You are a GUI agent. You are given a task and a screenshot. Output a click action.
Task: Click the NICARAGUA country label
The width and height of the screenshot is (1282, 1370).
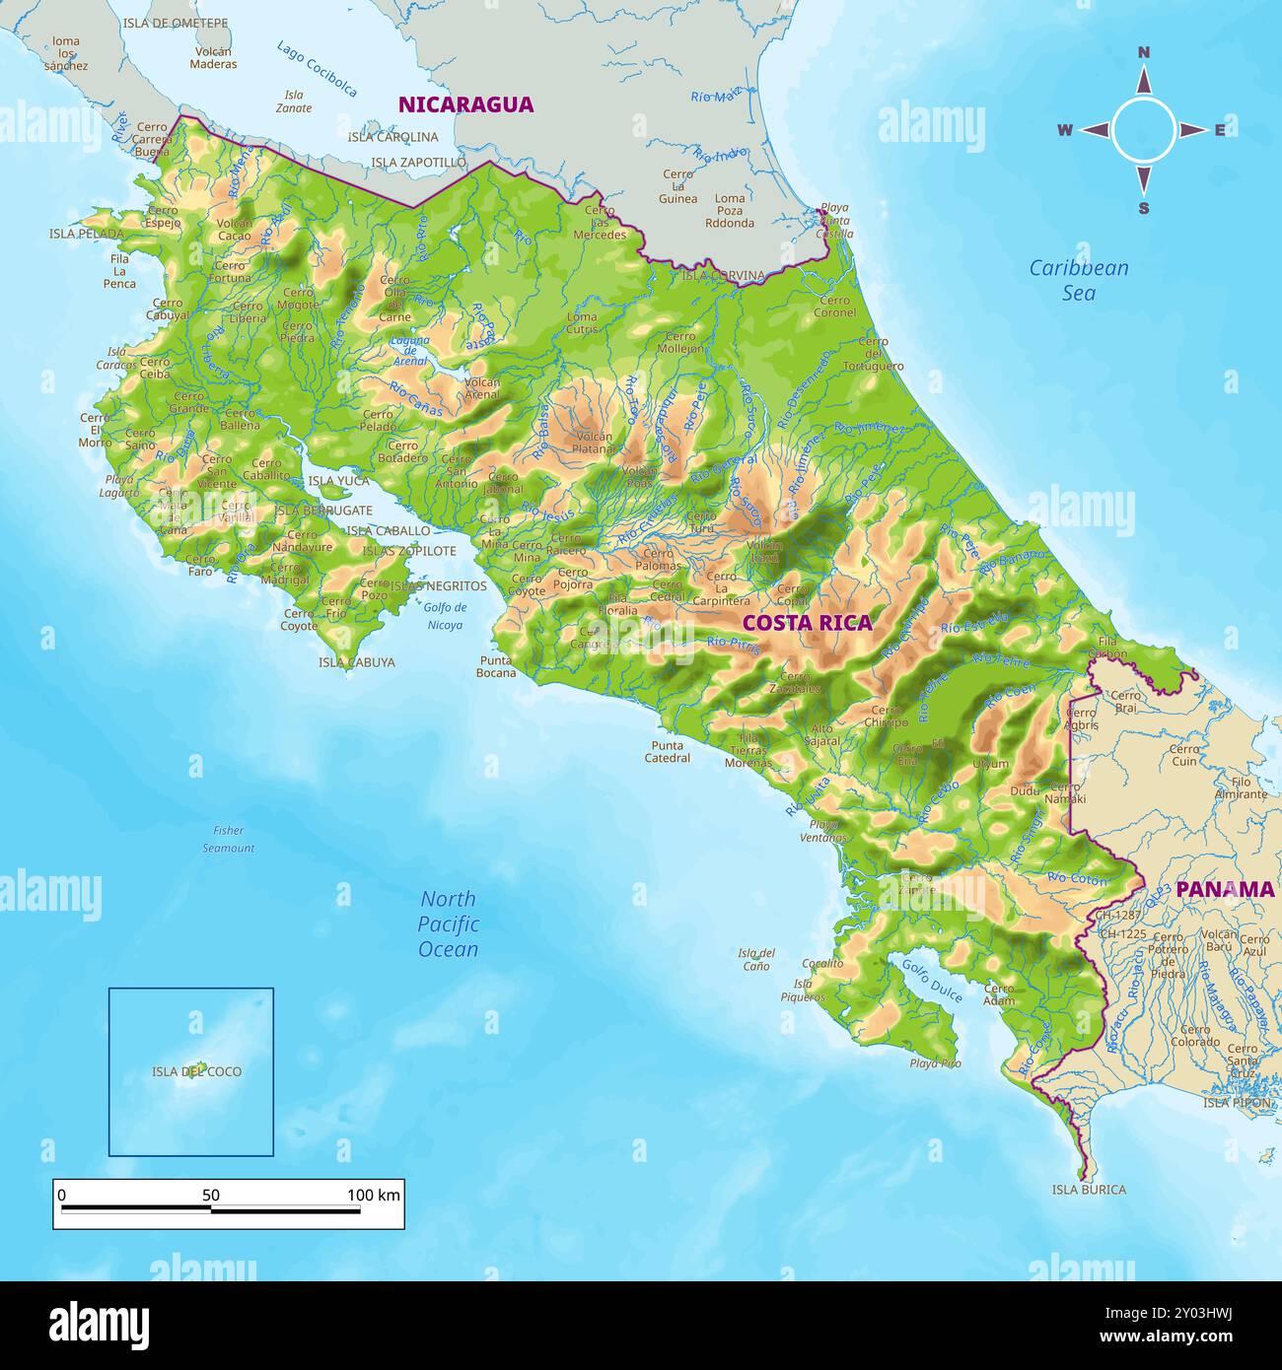click(465, 104)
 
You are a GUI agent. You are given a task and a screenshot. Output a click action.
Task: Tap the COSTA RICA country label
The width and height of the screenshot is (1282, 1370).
click(807, 623)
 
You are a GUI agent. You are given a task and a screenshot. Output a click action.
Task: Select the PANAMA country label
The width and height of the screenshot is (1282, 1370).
click(1225, 889)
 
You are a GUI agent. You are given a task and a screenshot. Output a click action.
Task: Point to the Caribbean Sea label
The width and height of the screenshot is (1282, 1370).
click(1079, 280)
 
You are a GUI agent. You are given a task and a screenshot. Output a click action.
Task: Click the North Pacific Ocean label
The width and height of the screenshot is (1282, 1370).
click(449, 925)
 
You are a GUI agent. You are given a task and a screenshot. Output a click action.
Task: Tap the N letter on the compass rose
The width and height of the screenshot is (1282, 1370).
click(1144, 53)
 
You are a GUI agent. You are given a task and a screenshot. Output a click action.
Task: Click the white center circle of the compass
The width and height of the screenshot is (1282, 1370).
click(1144, 130)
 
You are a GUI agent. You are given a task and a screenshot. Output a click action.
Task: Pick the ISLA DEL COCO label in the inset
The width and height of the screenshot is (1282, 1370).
click(196, 1071)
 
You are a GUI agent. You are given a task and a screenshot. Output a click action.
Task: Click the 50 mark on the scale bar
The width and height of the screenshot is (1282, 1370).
click(211, 1196)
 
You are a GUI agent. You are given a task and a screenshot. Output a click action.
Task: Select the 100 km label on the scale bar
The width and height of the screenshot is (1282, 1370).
click(373, 1196)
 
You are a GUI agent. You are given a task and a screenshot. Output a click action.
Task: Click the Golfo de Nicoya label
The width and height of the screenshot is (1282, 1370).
click(445, 616)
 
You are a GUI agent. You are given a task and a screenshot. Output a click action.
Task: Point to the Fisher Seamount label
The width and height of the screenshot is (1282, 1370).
click(229, 839)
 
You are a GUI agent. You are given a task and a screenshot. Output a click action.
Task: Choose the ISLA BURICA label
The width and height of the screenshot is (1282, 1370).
click(1089, 1190)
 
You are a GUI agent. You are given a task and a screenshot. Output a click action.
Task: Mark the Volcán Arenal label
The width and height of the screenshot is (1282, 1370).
click(482, 388)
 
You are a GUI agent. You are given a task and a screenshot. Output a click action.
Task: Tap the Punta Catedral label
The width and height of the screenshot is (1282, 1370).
click(667, 752)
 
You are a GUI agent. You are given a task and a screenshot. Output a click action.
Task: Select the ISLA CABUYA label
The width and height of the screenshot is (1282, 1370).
click(356, 662)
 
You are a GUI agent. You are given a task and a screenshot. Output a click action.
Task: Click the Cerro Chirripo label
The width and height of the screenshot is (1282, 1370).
click(886, 716)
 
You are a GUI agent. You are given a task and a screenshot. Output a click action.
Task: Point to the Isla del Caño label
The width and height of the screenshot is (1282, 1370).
click(756, 959)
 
